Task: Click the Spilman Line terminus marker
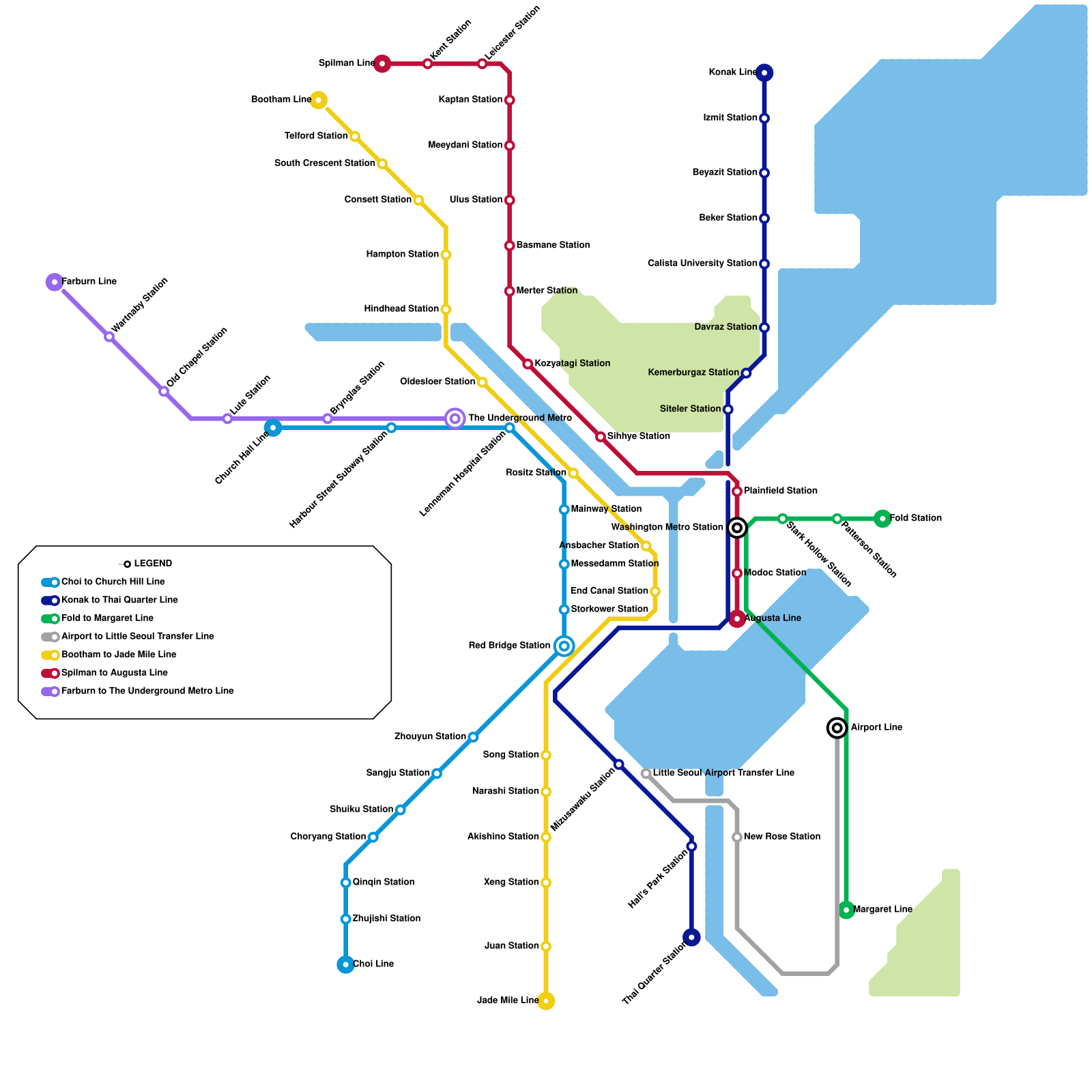coord(382,63)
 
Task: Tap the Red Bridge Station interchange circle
coord(564,646)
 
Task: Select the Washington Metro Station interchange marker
coord(737,528)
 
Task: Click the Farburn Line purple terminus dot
coord(55,282)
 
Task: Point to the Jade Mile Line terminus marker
coord(546,1001)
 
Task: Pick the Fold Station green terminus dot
coord(882,519)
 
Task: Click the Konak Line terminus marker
coord(764,72)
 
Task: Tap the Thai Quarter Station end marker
coord(691,938)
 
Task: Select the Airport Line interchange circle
coord(837,728)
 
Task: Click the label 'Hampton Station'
coord(402,255)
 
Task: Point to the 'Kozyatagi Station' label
coord(572,364)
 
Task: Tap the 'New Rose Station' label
coord(781,837)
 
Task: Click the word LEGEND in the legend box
coord(153,564)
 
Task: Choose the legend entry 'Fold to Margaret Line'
coord(107,618)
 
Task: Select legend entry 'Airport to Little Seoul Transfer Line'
coord(137,637)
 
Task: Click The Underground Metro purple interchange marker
coord(455,418)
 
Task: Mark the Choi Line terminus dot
coord(346,964)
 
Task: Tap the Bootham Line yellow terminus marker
coord(318,100)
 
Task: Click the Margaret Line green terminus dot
coord(846,910)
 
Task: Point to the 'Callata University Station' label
coord(702,263)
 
